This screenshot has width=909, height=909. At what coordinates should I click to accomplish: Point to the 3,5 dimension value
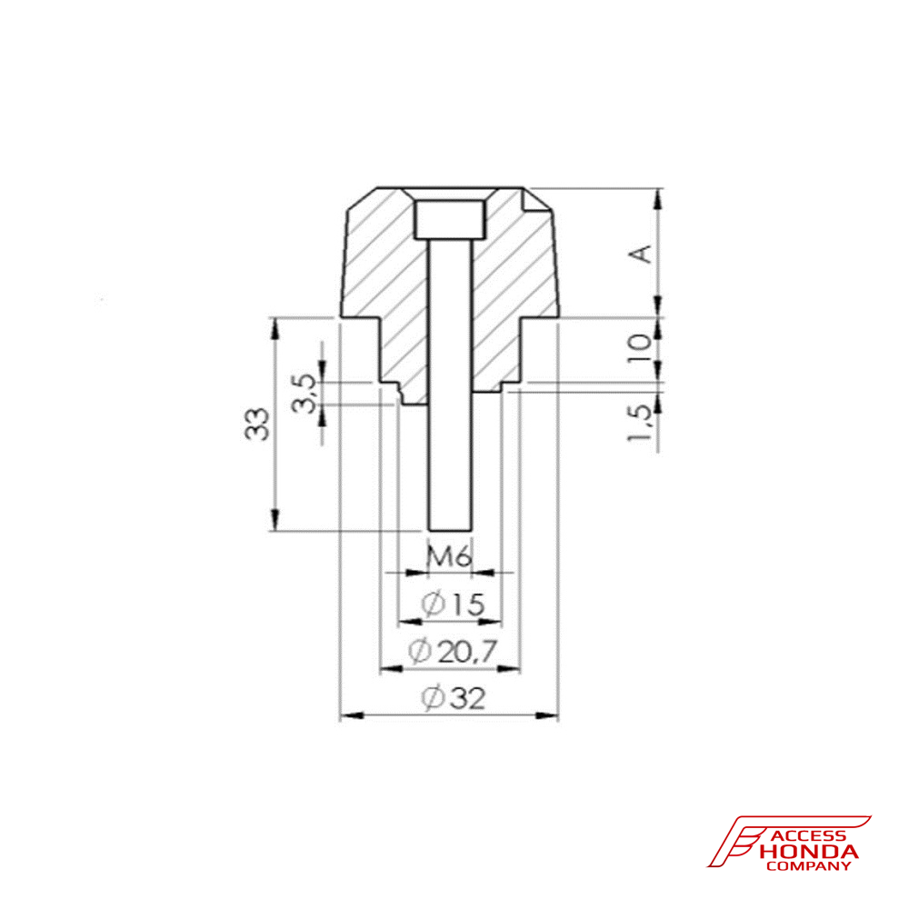[306, 393]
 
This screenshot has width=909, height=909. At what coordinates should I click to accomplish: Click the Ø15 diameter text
[452, 604]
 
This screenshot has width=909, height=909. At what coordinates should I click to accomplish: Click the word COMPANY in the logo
[809, 866]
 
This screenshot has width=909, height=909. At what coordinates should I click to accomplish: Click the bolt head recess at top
[450, 219]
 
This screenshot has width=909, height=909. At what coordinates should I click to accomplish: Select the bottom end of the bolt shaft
[450, 527]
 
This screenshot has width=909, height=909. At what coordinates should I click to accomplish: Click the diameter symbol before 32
[433, 699]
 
